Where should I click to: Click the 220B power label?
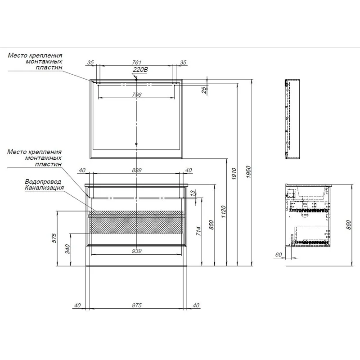[140, 70]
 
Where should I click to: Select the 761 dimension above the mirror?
[137, 62]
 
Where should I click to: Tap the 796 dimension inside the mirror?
[137, 94]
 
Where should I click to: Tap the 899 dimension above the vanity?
[137, 170]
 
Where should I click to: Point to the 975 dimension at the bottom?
[137, 306]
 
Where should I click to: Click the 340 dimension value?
[67, 249]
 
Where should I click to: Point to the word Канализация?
[45, 188]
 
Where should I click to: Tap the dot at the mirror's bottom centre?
[136, 144]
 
